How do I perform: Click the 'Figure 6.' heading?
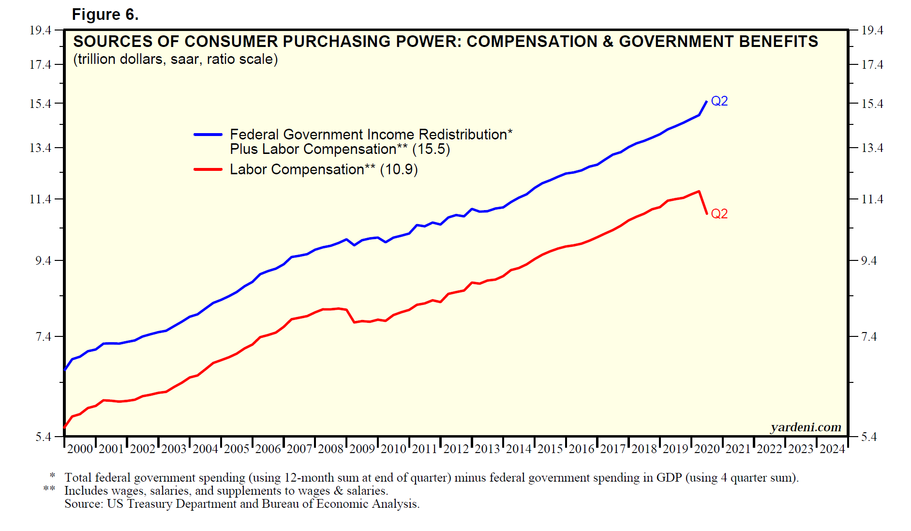pos(105,15)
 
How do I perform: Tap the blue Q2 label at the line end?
pos(719,101)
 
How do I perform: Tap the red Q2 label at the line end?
pos(719,213)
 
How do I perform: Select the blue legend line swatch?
pos(208,135)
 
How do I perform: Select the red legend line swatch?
pos(208,169)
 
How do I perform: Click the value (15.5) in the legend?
pos(431,149)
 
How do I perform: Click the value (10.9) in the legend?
pos(399,169)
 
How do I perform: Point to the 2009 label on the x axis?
pos(362,449)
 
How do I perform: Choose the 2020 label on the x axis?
pos(707,449)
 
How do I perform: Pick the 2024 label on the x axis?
pos(832,449)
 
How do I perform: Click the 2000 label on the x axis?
pos(80,449)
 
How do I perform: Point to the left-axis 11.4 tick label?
pos(40,199)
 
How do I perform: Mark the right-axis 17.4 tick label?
pos(872,64)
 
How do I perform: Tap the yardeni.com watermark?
pos(806,427)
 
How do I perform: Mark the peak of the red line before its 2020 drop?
pos(699,192)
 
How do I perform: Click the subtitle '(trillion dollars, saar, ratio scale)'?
pos(175,59)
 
